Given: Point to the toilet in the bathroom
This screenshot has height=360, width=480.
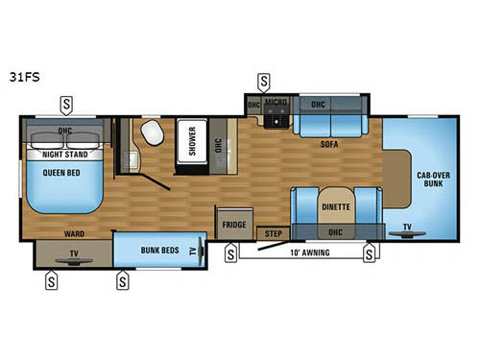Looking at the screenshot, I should coord(152,132).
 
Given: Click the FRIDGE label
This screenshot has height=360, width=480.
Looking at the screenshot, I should coord(235,225).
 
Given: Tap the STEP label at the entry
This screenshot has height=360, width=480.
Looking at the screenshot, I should coord(272,232).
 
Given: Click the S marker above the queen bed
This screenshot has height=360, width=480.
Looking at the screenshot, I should coord(66,101).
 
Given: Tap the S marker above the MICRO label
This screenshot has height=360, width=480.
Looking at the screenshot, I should coord(264,82).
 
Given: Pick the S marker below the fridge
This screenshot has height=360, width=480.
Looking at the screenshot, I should coord(230,253).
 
